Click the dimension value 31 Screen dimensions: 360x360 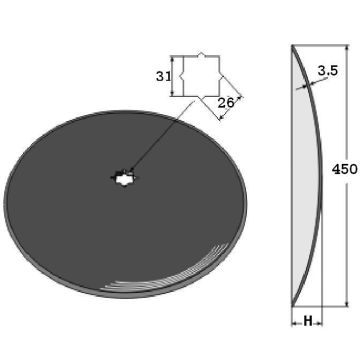[x=163, y=77]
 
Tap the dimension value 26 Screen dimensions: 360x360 [x=226, y=103]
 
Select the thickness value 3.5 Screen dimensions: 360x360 [x=328, y=70]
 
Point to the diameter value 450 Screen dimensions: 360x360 [x=344, y=169]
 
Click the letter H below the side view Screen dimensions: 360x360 [x=308, y=322]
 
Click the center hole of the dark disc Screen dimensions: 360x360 [x=122, y=178]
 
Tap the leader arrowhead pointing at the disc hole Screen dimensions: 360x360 [x=132, y=170]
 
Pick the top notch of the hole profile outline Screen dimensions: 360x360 [x=201, y=54]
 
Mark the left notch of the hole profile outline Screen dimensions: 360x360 [x=181, y=77]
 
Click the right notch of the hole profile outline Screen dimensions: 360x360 [x=221, y=77]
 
